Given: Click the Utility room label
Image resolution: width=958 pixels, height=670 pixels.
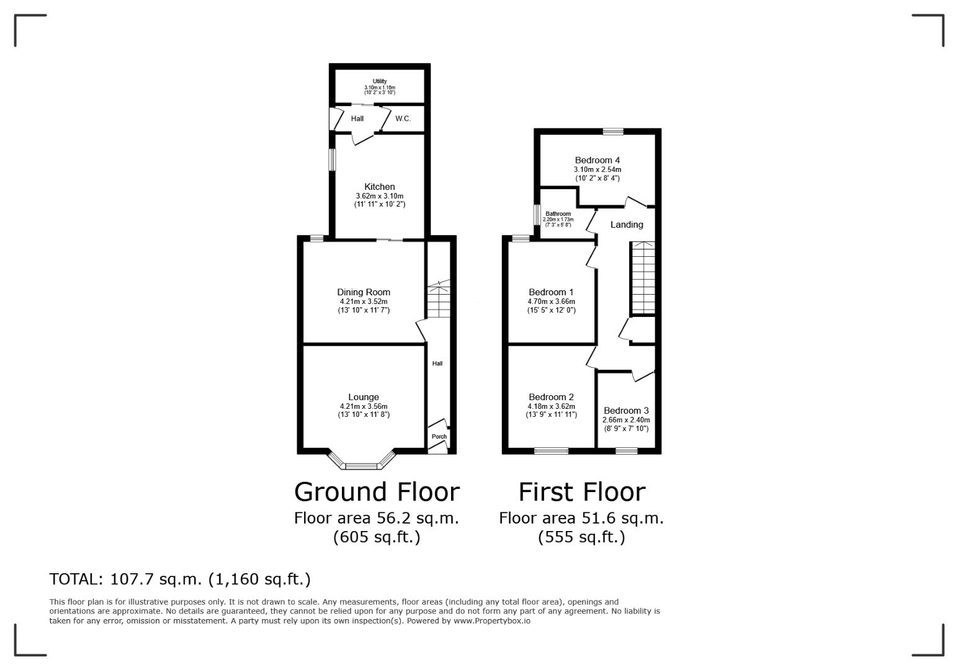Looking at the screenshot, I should click(379, 81).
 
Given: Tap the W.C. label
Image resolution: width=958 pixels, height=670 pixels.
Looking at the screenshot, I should click(403, 118).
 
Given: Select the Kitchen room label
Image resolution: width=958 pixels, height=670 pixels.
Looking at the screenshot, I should click(379, 187).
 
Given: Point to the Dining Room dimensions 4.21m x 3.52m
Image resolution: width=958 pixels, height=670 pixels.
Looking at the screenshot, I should click(364, 301).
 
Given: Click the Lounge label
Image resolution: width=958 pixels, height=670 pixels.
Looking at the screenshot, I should click(364, 397).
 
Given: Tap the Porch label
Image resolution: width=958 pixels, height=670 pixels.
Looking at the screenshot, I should click(439, 437).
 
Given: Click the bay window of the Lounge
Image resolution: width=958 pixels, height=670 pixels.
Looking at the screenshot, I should click(361, 464).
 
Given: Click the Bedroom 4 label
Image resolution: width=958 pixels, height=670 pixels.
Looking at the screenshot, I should click(597, 160).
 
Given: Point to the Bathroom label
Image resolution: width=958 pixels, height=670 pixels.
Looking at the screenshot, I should click(558, 213).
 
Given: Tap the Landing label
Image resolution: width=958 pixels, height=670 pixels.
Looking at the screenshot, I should click(627, 225).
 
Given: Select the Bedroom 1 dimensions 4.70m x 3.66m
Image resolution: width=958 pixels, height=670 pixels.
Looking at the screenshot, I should click(551, 301).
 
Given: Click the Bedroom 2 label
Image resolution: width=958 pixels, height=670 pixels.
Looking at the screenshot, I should click(551, 397).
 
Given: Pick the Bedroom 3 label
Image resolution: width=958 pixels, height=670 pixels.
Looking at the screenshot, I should click(626, 410).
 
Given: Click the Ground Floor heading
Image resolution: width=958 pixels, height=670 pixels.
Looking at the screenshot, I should click(377, 492).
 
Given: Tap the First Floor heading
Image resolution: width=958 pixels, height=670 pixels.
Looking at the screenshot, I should click(581, 492).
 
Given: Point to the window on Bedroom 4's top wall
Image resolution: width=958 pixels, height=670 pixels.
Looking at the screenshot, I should click(613, 131).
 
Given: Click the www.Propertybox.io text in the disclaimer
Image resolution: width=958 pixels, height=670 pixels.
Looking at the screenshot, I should click(491, 620).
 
